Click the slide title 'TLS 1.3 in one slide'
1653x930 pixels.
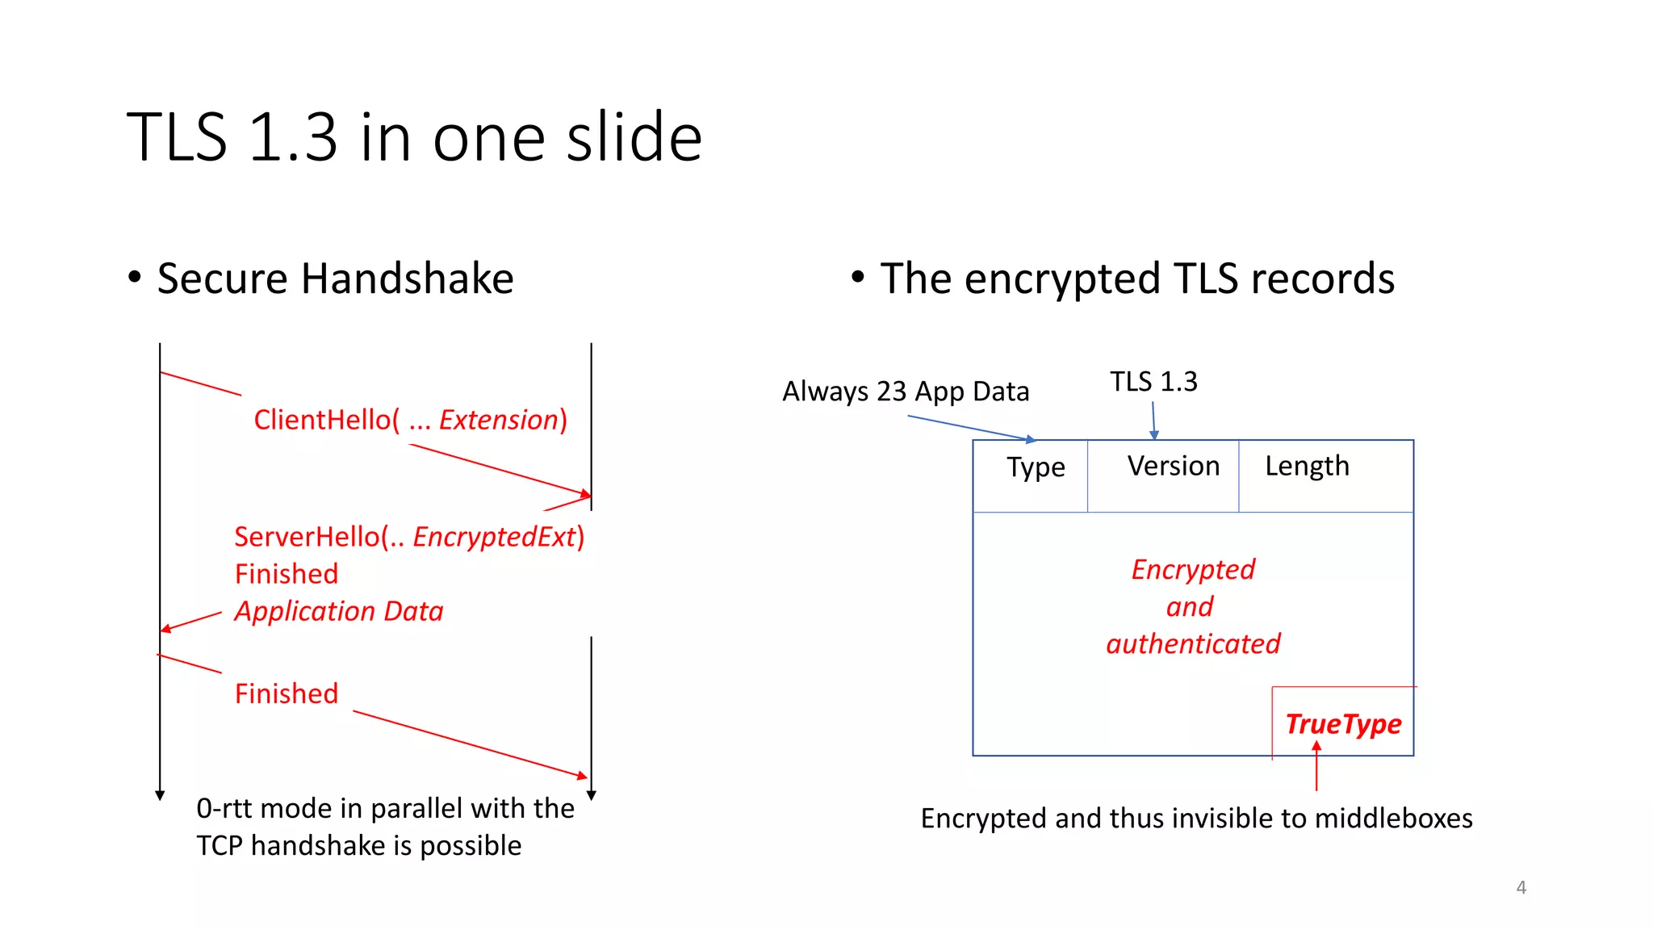coord(414,137)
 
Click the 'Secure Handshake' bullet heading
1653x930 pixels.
coord(335,279)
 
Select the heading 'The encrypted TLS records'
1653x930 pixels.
coord(1136,279)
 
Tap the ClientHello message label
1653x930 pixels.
coord(410,420)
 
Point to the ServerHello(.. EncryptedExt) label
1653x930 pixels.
coord(409,537)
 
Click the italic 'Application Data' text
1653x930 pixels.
coord(339,611)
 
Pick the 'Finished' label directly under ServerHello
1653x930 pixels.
coord(287,574)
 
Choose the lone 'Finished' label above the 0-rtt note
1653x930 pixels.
coord(287,693)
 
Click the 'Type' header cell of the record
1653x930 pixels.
coord(1036,467)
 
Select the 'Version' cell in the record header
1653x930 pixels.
coord(1173,466)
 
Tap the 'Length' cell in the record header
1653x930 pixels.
coord(1307,466)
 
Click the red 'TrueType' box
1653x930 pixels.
coord(1343,724)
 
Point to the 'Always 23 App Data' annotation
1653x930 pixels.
coord(906,392)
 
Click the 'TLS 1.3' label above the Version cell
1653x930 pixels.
coord(1153,381)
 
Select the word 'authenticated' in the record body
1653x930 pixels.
coord(1193,644)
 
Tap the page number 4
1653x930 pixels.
coord(1521,887)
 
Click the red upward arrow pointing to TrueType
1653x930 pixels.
coord(1316,767)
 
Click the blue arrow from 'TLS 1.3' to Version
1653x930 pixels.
coord(1153,420)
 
